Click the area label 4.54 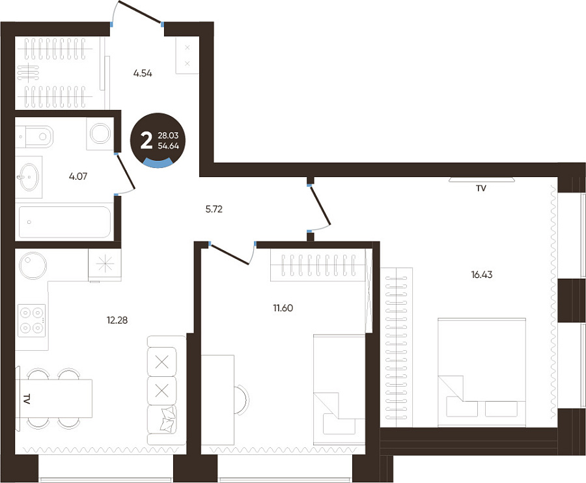143,73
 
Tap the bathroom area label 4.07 78,176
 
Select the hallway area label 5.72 214,209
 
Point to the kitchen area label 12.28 117,320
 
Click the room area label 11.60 283,308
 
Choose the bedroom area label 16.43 482,275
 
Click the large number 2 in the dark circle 146,141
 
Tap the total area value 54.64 168,146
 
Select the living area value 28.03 168,135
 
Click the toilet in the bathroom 35,137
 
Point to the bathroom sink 29,176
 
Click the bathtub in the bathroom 64,222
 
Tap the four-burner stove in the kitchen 32,320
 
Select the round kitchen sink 33,266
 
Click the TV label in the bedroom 481,189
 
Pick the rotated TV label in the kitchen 26,399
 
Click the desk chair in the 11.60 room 241,399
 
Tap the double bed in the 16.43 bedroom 482,372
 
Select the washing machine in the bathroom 100,133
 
